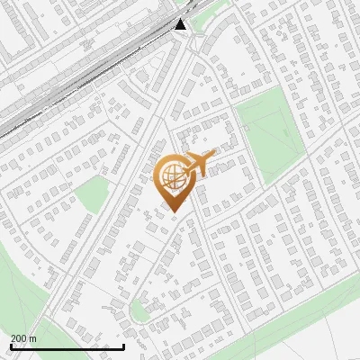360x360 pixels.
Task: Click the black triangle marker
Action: (x=181, y=24)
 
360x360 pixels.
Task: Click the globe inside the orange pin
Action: (x=171, y=176)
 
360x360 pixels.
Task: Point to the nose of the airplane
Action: (x=215, y=156)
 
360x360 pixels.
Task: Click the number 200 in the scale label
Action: (x=18, y=338)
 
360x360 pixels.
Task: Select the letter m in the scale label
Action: (x=32, y=338)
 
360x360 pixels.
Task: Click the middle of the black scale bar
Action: (x=67, y=346)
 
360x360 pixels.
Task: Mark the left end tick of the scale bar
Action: (x=12, y=346)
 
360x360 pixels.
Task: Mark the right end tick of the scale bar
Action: (x=123, y=346)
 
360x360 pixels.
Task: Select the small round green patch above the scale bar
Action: (x=139, y=311)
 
